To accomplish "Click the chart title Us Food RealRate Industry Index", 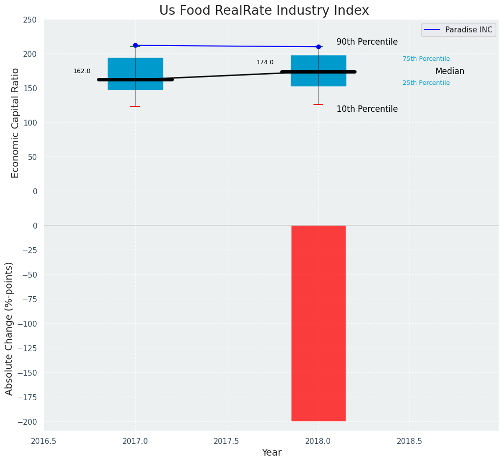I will tap(264, 11).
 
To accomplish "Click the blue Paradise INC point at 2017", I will tap(135, 45).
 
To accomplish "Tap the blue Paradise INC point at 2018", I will tap(318, 47).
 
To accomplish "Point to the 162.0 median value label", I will tap(82, 71).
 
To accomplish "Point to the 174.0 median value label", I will tap(265, 62).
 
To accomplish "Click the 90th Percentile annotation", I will tap(367, 42).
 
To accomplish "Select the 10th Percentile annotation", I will tap(367, 109).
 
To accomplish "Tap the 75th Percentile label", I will tap(426, 59).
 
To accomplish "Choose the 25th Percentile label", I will tap(426, 83).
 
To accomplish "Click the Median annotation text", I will tap(450, 72).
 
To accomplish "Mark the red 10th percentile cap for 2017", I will tap(135, 106).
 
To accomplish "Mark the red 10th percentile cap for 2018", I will tap(318, 104).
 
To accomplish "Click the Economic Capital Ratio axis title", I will tap(15, 123).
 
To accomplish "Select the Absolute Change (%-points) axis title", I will tap(9, 328).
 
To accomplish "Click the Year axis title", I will tap(271, 453).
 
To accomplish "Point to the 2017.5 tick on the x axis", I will tap(227, 441).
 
